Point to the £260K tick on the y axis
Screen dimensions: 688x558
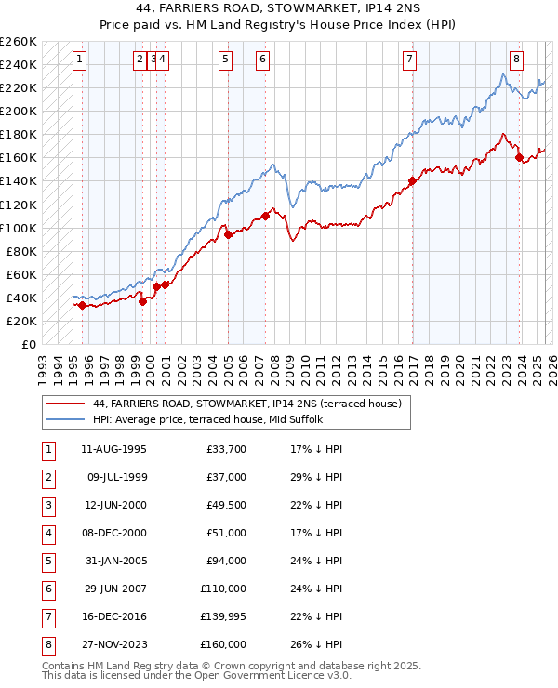click(x=19, y=42)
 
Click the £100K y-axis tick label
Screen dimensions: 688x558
click(x=19, y=228)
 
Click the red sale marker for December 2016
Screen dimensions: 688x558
click(x=412, y=180)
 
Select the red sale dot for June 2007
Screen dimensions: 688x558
click(x=266, y=216)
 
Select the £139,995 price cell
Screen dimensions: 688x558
click(x=223, y=616)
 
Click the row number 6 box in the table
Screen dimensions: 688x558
click(x=47, y=589)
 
